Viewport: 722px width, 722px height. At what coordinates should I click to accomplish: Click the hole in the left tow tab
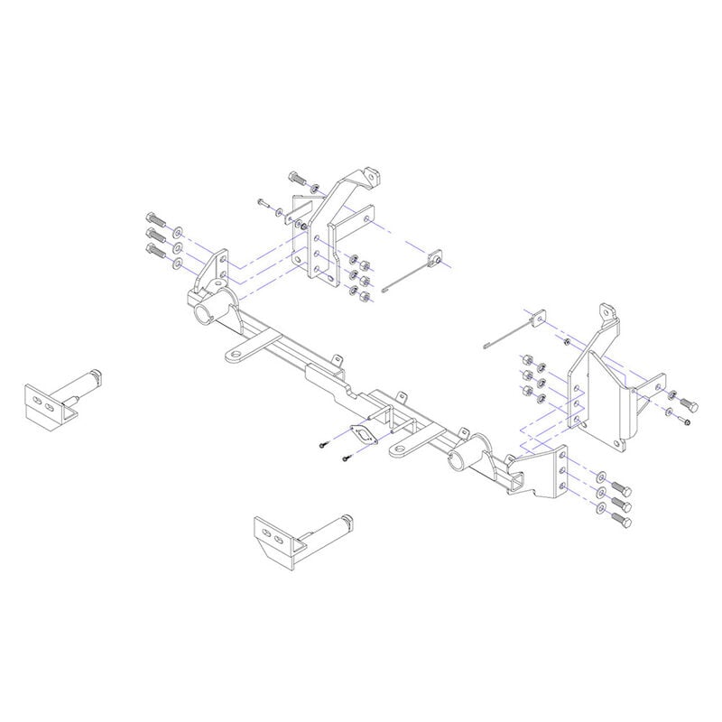pyautogui.click(x=234, y=356)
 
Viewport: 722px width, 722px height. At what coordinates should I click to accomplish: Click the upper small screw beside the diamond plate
pyautogui.click(x=322, y=445)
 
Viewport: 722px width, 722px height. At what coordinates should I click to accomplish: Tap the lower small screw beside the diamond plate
pyautogui.click(x=346, y=460)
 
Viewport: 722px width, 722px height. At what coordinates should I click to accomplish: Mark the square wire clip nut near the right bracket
pyautogui.click(x=537, y=316)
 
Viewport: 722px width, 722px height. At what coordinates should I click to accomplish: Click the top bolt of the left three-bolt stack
pyautogui.click(x=153, y=218)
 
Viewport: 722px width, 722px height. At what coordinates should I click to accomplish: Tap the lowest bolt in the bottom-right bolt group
pyautogui.click(x=621, y=520)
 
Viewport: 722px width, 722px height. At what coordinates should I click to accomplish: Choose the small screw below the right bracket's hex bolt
pyautogui.click(x=688, y=421)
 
